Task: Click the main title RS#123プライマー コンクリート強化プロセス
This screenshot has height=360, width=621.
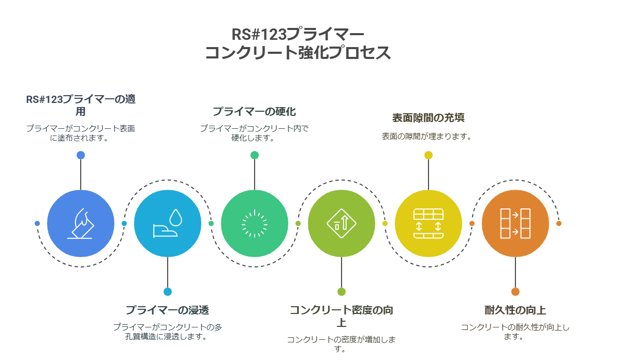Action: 298,43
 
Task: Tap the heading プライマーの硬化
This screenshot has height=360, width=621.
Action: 254,111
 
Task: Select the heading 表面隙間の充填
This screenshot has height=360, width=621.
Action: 428,118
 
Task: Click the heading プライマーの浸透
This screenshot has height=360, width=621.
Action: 168,310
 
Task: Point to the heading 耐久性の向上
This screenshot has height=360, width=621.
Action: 515,310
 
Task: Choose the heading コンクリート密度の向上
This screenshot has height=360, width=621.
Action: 341,316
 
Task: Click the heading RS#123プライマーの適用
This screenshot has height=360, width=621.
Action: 81,106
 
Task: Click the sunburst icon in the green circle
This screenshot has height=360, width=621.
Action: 255,223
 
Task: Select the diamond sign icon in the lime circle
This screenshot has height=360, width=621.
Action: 341,223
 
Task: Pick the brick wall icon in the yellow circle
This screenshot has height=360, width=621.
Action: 428,223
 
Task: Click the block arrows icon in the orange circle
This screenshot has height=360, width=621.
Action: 515,223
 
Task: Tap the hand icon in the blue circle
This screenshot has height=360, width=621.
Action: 81,223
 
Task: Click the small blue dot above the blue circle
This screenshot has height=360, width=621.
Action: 81,155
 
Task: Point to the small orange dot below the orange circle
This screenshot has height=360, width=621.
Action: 515,292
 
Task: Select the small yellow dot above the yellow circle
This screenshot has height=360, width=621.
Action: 428,155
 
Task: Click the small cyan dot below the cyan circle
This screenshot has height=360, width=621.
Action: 168,292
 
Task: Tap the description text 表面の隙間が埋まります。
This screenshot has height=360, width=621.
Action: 426,137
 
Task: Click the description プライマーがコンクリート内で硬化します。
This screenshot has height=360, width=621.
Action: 254,133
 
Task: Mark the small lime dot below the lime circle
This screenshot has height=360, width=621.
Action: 341,292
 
